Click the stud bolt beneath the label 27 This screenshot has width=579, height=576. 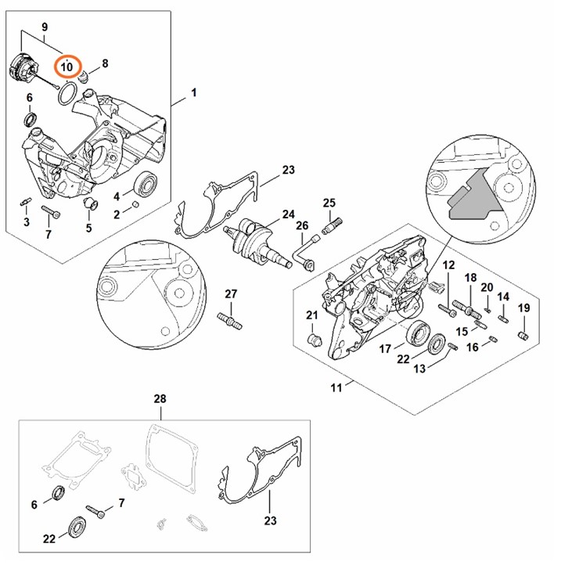coord(229,319)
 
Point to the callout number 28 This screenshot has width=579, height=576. coord(160,399)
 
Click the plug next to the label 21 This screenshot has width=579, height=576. coord(317,339)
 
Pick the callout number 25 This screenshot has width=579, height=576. coord(329,203)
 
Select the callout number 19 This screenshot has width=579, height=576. coord(524,308)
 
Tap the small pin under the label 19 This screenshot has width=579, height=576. coord(524,336)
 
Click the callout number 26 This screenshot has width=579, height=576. coord(302,227)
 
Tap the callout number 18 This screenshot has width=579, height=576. coord(470,279)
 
